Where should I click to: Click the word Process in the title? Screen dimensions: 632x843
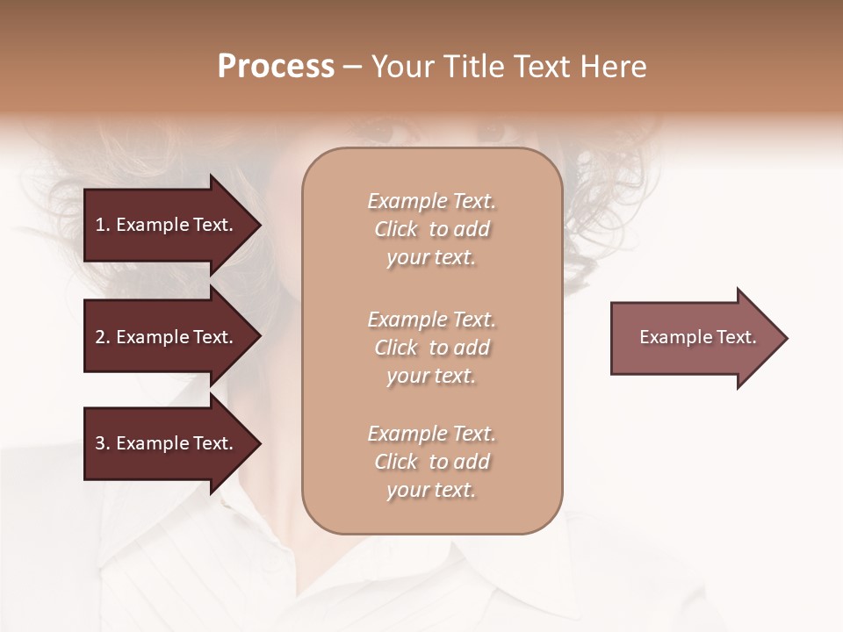[276, 67]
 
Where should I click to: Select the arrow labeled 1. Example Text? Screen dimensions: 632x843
[167, 225]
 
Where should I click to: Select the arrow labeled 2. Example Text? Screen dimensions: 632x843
[167, 337]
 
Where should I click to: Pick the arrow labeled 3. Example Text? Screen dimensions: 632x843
[167, 443]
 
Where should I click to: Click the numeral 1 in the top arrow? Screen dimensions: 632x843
[99, 225]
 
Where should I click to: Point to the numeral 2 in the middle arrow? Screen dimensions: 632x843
[100, 337]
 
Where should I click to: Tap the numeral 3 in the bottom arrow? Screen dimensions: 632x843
[100, 443]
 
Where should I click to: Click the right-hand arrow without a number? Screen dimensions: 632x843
[694, 337]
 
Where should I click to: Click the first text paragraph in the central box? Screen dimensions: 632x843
[431, 229]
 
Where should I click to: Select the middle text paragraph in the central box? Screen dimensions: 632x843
[431, 348]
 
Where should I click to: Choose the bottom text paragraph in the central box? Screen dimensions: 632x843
[431, 462]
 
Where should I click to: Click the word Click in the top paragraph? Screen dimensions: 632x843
[396, 229]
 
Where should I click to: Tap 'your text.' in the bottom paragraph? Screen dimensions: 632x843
[431, 490]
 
